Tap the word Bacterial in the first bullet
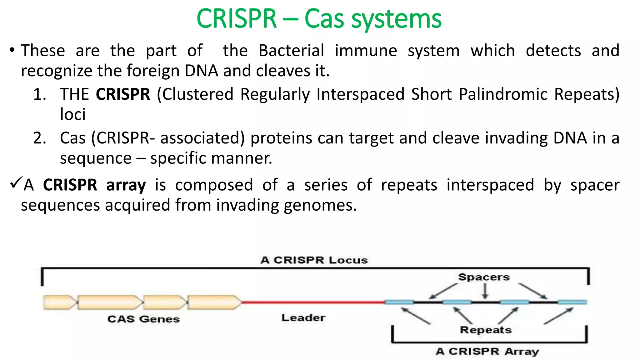tap(291, 51)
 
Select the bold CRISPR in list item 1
tap(123, 94)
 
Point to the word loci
tap(72, 114)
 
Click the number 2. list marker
tap(40, 138)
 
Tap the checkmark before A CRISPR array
tap(16, 182)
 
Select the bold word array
tap(126, 185)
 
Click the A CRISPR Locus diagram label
tap(314, 260)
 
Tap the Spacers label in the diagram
tap(484, 277)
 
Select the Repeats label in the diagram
tap(486, 330)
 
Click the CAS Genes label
tap(143, 319)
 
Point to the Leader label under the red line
tap(303, 318)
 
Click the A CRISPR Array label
tap(487, 351)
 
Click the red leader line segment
tap(312, 302)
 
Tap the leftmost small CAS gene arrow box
tap(59, 302)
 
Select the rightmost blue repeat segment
tap(572, 302)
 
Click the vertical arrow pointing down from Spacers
tap(485, 291)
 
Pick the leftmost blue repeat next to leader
tap(399, 302)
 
